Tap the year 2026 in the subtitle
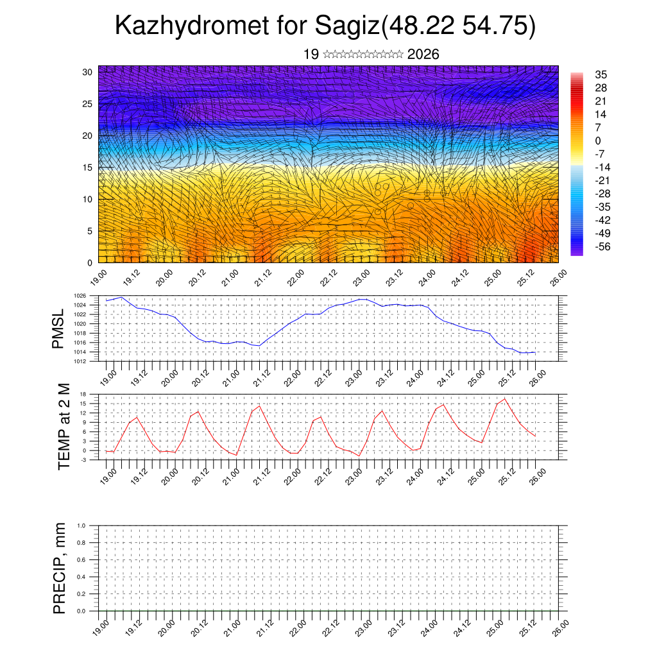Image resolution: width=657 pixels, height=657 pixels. [423, 55]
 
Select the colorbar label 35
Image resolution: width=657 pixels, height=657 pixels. [601, 74]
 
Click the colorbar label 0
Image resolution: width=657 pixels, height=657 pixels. [598, 141]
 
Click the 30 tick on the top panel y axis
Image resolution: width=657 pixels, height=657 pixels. [88, 72]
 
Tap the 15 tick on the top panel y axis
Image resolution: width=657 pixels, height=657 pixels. [88, 167]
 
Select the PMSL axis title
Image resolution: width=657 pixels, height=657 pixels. [59, 328]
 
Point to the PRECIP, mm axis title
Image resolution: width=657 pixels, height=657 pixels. [60, 568]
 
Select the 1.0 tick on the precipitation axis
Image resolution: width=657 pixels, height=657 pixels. [90, 525]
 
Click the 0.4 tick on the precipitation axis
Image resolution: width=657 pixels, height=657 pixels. [90, 577]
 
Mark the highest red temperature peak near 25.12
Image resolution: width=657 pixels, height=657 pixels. [505, 398]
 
